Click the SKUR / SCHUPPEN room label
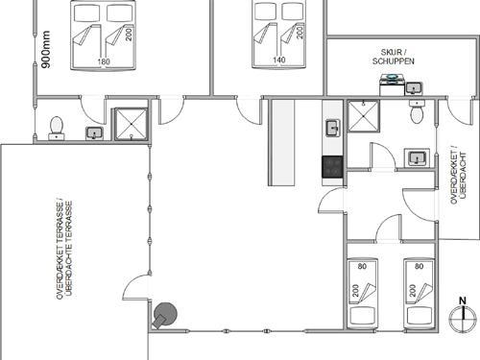click(x=394, y=57)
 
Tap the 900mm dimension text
click(x=46, y=49)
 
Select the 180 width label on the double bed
click(x=103, y=61)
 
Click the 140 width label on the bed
click(x=279, y=60)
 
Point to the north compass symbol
click(x=463, y=314)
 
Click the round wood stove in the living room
click(x=164, y=315)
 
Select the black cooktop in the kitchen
click(x=332, y=167)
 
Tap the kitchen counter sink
click(x=333, y=128)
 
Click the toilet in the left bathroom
click(x=57, y=129)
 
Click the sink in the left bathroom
click(x=94, y=133)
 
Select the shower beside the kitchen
click(x=363, y=116)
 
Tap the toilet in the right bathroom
click(x=418, y=111)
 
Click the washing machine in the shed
click(x=392, y=84)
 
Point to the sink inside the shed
click(x=414, y=88)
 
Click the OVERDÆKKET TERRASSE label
click(x=64, y=250)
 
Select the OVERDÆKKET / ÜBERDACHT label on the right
click(x=458, y=175)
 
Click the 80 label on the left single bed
click(x=362, y=266)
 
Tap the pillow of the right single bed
click(x=420, y=316)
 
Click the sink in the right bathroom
click(x=417, y=157)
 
